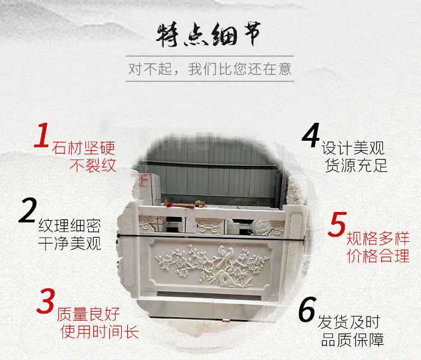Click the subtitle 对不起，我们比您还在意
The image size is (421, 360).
coord(210,70)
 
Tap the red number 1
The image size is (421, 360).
coord(42,136)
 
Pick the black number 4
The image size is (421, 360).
coord(310,136)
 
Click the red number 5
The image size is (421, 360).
coord(337,225)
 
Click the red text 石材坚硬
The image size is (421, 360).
coord(84,149)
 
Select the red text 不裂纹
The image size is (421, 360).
coord(93,166)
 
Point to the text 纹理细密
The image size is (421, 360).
coord(70,227)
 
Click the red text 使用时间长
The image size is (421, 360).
coord(99,331)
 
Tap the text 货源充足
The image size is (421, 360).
coord(356,166)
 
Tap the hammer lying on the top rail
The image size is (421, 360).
coord(198,202)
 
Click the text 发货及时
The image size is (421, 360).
coord(348,322)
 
